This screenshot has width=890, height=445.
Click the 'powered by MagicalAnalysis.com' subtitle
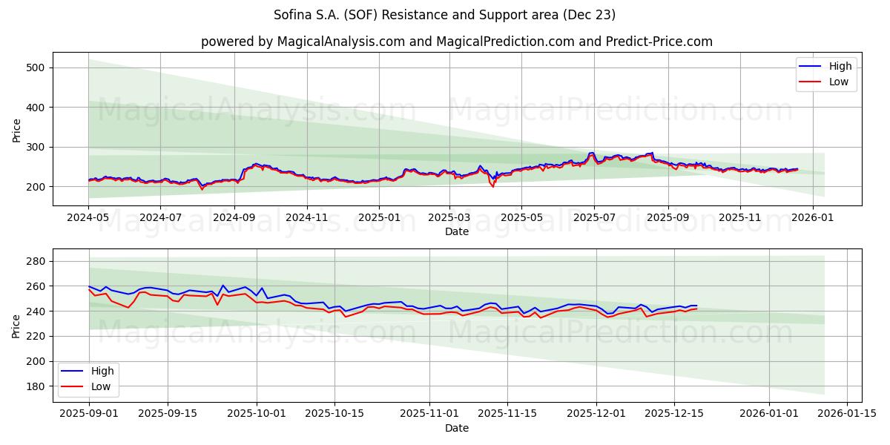tap(456, 42)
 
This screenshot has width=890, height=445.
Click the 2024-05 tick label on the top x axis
tap(88, 217)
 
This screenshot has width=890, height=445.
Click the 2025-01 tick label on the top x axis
tap(378, 217)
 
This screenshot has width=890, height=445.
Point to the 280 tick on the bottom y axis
tap(36, 261)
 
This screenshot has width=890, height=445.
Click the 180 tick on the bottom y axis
tap(36, 386)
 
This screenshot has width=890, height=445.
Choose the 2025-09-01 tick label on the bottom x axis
tap(89, 414)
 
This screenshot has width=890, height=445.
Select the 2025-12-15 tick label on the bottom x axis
tap(674, 414)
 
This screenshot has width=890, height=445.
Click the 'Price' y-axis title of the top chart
tap(16, 130)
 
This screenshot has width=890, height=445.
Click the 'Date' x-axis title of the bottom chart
tap(456, 428)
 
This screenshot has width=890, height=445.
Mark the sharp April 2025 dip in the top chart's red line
tap(493, 186)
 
